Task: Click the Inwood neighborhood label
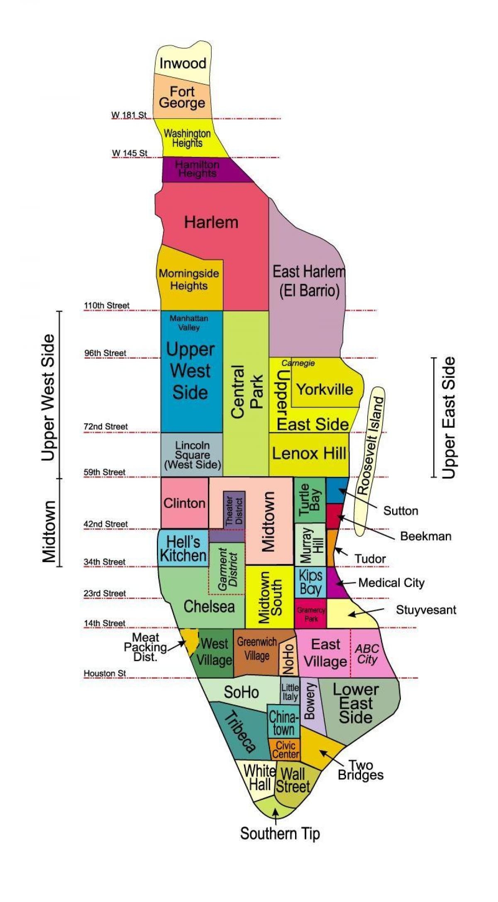183,64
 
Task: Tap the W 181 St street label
129,115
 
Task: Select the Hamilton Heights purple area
198,169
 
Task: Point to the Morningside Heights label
189,279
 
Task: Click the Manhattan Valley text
189,323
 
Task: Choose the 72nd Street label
106,427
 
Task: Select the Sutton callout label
400,511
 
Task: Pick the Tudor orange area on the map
331,548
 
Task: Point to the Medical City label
391,583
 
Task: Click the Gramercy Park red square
311,614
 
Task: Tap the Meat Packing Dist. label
145,647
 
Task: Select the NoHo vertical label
288,659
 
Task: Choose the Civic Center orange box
285,749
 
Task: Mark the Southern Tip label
280,834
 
